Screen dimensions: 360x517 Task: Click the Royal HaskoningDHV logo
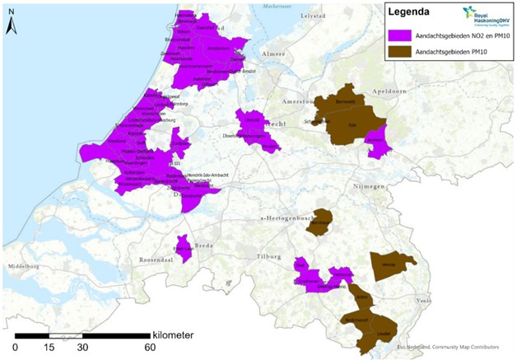pos(486,15)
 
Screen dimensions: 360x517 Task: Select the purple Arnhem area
pos(376,142)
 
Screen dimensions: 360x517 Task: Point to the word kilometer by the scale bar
pos(173,335)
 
